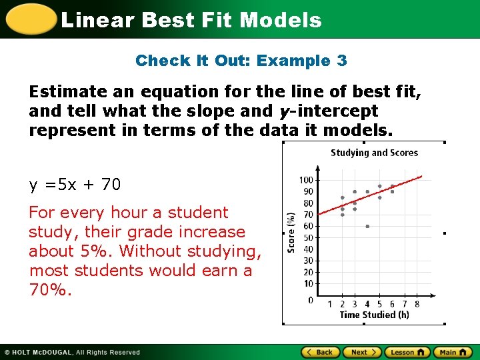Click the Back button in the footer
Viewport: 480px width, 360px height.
point(319,352)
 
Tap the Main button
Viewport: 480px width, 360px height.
point(453,352)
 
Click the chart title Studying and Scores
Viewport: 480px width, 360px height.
point(374,153)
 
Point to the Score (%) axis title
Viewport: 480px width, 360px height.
point(291,233)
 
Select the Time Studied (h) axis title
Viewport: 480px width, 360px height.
point(374,315)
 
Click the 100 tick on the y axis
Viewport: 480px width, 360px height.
point(306,180)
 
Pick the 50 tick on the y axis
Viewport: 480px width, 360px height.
point(308,238)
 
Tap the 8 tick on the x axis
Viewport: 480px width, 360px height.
point(417,305)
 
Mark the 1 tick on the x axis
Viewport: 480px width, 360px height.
point(330,305)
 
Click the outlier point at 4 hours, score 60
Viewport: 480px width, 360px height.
point(367,226)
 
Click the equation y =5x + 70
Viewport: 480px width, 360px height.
point(75,185)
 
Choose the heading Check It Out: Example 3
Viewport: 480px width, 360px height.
point(241,61)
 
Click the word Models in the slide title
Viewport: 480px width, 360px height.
point(281,20)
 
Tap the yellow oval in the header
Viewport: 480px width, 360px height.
point(29,19)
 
